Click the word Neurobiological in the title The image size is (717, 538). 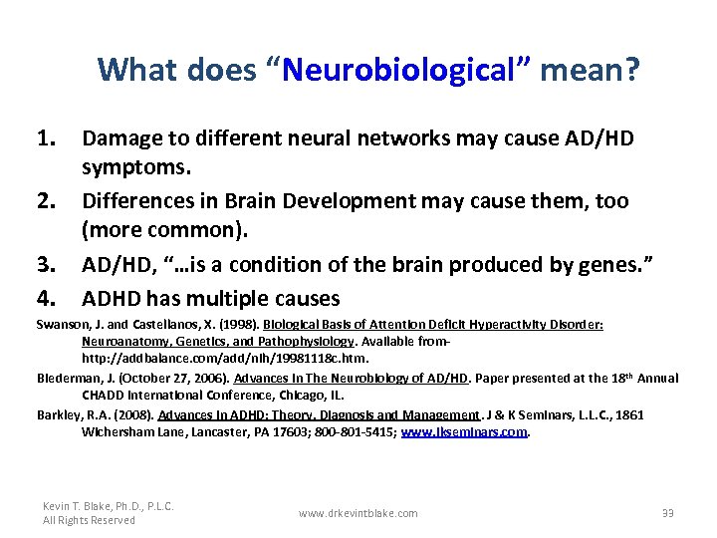[x=408, y=70]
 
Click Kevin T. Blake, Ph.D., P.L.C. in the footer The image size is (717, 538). [x=109, y=506]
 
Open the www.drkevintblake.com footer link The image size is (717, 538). [x=358, y=513]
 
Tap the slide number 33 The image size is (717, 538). [x=667, y=513]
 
